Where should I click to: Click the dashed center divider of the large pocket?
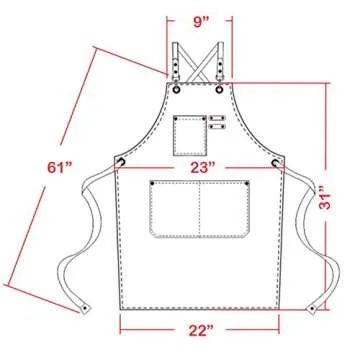tap(200, 211)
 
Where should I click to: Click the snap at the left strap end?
tap(85, 299)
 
